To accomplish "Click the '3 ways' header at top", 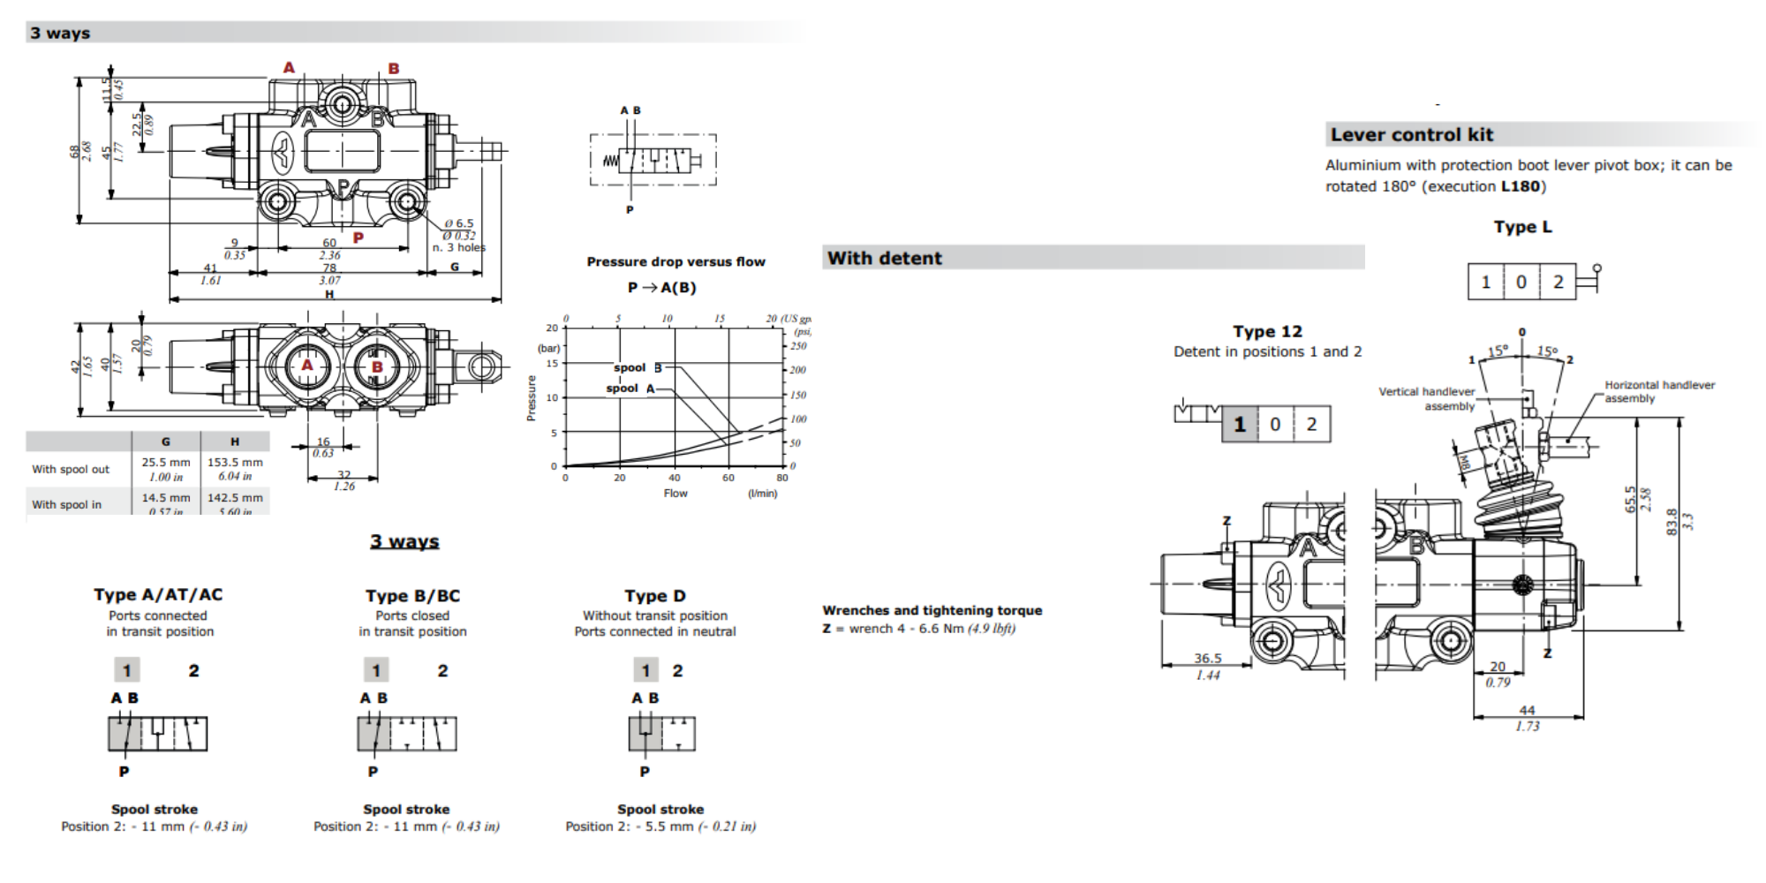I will (60, 34).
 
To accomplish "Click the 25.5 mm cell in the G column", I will (166, 463).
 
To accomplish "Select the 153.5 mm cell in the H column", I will (235, 463).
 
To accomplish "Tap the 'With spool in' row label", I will (67, 505).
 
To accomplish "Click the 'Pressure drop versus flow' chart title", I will (675, 262).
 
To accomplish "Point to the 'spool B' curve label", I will (637, 367).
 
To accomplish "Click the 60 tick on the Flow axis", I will (728, 478).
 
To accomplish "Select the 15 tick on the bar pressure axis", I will (552, 363).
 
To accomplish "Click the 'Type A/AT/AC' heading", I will (158, 595).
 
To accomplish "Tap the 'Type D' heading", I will (654, 596).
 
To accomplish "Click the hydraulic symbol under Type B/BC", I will (407, 734).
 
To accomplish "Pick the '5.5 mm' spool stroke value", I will (674, 827).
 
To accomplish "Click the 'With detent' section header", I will (885, 259).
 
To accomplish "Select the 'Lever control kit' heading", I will (1411, 135).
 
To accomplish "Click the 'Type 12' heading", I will (1267, 332).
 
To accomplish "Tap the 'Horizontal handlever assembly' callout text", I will (1658, 391).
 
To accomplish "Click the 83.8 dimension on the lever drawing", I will (1671, 520).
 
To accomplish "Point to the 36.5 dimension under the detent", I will (1208, 659).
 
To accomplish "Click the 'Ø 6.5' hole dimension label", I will (459, 224).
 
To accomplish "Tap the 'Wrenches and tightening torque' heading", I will (932, 611).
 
